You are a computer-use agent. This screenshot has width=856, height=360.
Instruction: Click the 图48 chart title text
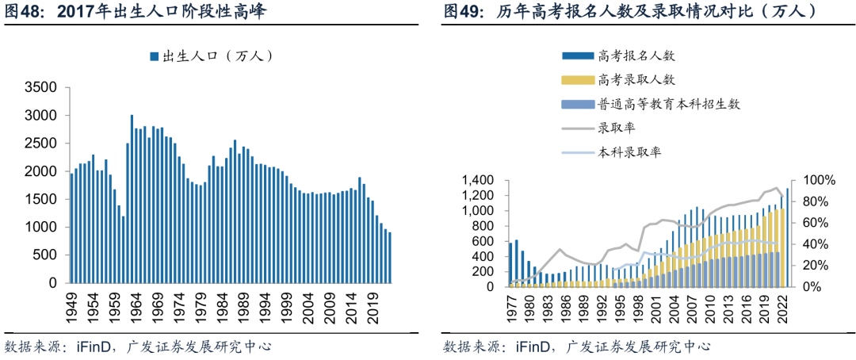[136, 12]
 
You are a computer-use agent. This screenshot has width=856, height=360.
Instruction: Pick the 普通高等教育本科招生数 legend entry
[651, 104]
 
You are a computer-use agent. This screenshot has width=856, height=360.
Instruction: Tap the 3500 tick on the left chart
[41, 87]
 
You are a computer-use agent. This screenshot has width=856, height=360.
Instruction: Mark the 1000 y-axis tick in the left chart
[41, 227]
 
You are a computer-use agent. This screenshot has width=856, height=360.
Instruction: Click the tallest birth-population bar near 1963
[132, 199]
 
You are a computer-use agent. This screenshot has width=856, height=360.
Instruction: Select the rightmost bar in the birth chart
[389, 257]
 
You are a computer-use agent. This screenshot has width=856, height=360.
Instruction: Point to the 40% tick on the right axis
[813, 244]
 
